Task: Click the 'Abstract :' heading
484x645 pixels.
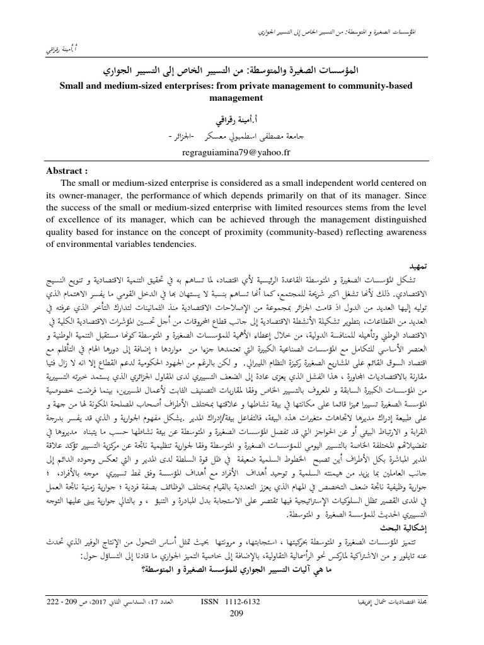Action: click(67, 170)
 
